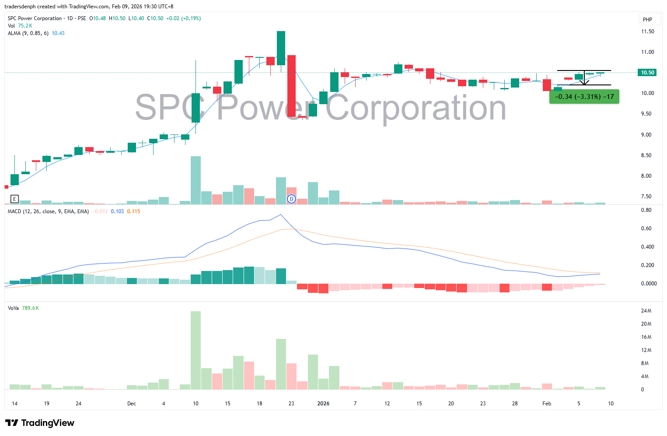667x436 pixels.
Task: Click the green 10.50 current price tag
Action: tap(647, 73)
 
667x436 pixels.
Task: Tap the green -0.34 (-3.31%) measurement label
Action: tap(584, 97)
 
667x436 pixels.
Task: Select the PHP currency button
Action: tap(647, 20)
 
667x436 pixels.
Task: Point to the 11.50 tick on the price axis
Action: tap(647, 32)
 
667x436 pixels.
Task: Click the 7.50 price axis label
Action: tap(646, 197)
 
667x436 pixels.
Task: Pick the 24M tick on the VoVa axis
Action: tap(646, 311)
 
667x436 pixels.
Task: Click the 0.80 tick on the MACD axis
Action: tap(646, 210)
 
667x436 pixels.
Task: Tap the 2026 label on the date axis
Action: tap(323, 404)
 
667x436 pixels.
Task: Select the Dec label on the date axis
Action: tap(132, 404)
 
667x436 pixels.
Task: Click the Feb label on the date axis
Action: tap(547, 404)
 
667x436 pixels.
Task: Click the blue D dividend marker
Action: tap(291, 199)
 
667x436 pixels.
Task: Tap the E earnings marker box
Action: tap(14, 199)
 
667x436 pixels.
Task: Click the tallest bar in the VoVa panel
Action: tap(196, 350)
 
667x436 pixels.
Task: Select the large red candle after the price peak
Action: tap(291, 86)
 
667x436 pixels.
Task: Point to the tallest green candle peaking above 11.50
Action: tap(281, 48)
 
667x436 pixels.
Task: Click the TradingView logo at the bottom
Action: tap(40, 423)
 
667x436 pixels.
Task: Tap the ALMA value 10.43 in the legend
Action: tap(58, 33)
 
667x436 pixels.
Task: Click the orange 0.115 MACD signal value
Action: tap(133, 211)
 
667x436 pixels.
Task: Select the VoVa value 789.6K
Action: tap(30, 308)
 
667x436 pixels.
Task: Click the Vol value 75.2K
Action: tap(25, 26)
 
